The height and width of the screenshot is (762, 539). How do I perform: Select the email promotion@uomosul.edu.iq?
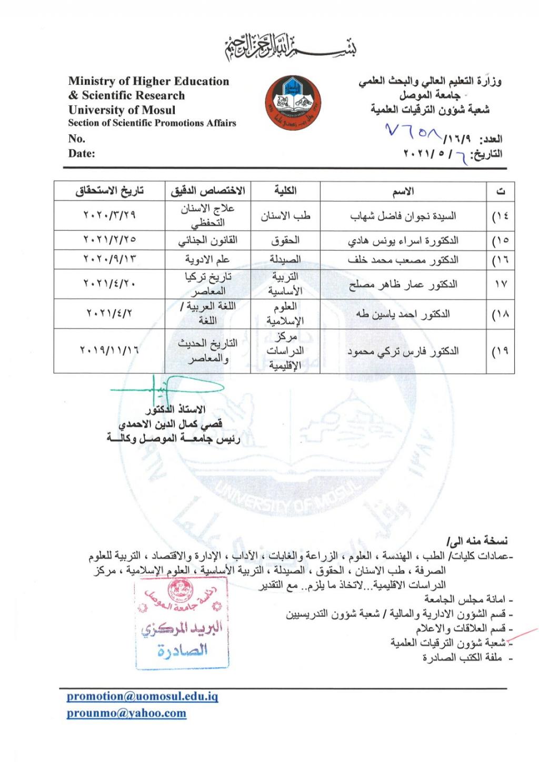point(142,696)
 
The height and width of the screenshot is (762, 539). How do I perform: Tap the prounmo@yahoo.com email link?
point(126,713)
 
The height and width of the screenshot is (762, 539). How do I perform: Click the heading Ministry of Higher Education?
point(148,81)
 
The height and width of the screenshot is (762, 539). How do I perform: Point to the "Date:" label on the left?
point(82,153)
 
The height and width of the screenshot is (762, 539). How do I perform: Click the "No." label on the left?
point(76,138)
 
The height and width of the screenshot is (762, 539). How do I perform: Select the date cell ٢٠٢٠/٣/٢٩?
point(109,215)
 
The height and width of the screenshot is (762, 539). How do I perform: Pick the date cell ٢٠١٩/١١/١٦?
point(109,350)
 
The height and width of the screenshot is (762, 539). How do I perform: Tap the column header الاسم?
point(403,191)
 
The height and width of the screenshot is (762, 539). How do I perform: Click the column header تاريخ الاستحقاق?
point(109,190)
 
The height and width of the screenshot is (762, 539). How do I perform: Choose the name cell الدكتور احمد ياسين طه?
point(403,314)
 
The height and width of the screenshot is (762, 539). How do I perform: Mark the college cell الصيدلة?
point(285,260)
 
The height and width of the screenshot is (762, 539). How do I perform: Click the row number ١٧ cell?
point(501,284)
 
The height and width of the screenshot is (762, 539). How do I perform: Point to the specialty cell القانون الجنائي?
point(208,240)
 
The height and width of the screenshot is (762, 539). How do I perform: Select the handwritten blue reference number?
point(413,132)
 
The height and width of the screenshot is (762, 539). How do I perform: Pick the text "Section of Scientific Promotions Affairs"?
point(152,123)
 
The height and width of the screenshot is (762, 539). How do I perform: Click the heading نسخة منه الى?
point(477,540)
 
